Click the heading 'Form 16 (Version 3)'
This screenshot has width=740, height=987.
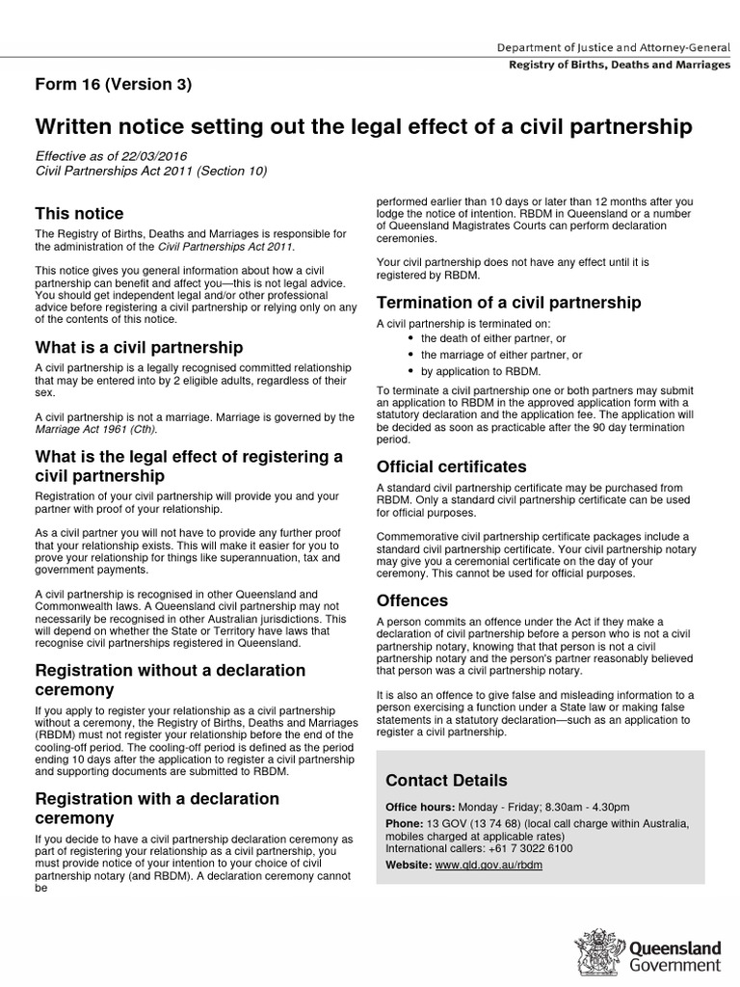(x=114, y=84)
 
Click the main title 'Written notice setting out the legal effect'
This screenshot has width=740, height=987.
(x=363, y=126)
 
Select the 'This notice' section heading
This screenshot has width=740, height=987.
(x=79, y=213)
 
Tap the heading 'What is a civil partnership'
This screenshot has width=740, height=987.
(x=139, y=347)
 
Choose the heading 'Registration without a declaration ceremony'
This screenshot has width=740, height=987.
(x=170, y=680)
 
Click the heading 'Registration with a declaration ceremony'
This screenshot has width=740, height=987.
(x=156, y=808)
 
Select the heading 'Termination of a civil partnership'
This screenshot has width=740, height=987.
(x=509, y=302)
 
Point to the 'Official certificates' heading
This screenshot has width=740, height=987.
(x=451, y=467)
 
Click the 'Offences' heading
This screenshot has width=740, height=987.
(x=412, y=600)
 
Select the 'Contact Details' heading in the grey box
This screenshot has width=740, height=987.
(x=446, y=780)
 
